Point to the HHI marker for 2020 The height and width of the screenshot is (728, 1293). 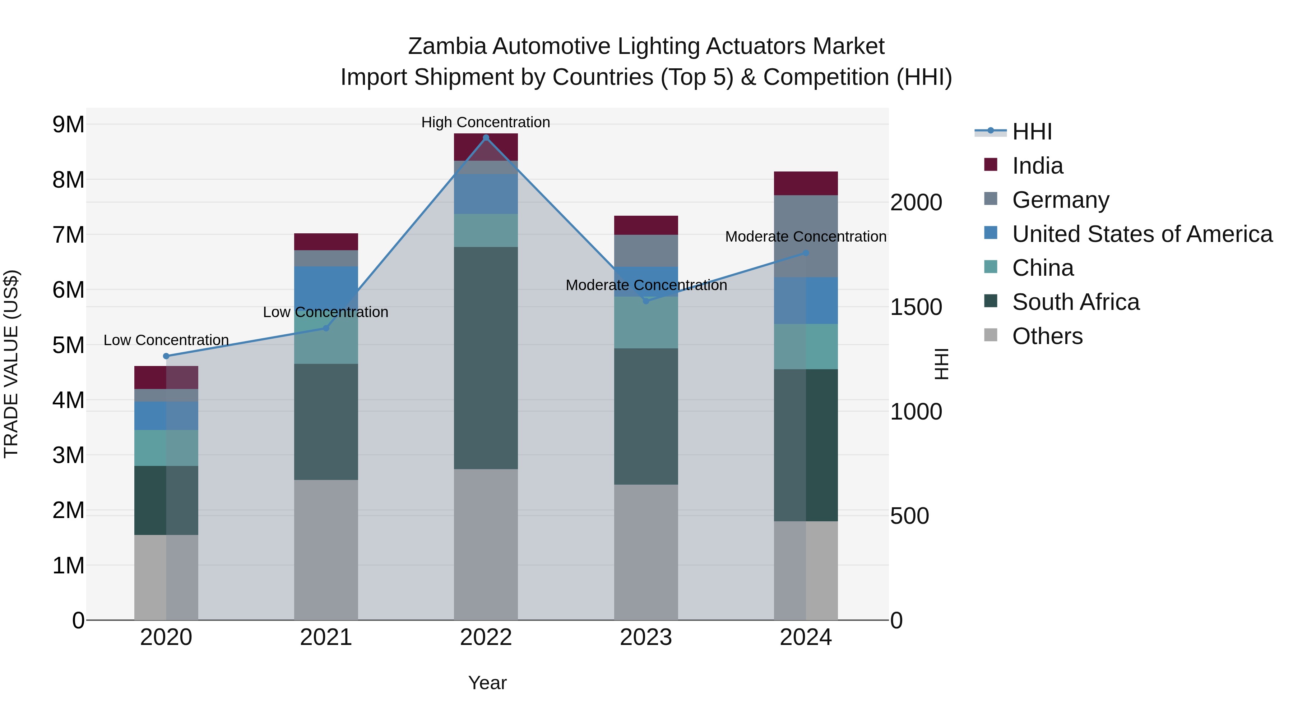click(166, 356)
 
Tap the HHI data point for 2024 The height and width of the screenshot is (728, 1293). click(806, 253)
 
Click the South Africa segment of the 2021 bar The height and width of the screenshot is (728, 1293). click(326, 422)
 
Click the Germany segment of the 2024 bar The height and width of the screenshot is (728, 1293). click(806, 236)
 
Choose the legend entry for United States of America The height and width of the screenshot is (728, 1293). click(1142, 234)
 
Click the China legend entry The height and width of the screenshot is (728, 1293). click(1043, 268)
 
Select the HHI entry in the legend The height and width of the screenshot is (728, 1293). click(1032, 132)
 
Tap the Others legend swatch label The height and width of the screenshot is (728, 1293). click(1047, 336)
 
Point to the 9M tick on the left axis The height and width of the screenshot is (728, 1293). click(68, 125)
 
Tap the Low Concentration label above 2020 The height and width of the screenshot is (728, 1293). click(166, 340)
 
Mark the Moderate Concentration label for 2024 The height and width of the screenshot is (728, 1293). click(806, 236)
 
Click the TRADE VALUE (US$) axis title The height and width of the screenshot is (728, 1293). click(11, 364)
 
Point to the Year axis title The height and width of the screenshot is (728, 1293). click(487, 683)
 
